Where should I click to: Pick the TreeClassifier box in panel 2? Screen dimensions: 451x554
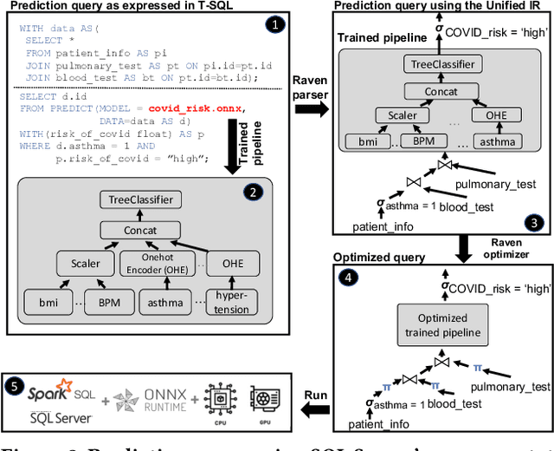tap(139, 199)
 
